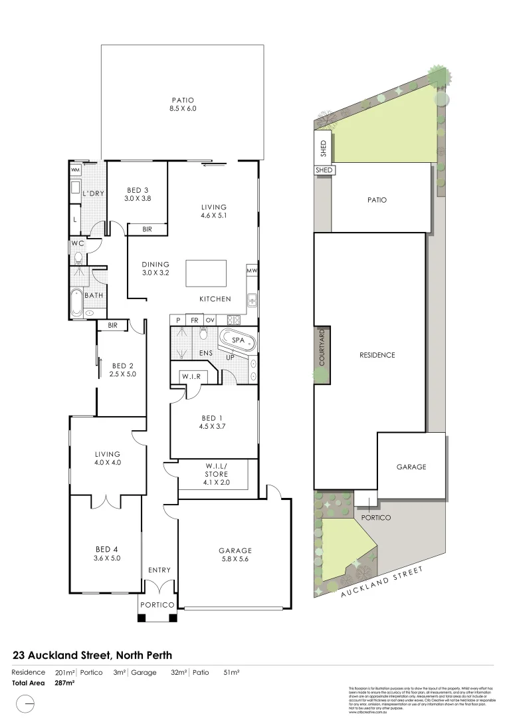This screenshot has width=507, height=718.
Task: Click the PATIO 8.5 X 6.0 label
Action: pos(182,104)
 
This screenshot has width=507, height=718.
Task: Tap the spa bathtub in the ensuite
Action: pos(238,340)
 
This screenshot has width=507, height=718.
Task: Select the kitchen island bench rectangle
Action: pos(205,273)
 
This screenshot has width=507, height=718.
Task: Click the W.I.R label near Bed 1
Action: pos(191,377)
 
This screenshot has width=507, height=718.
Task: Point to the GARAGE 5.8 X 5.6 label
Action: pos(235,554)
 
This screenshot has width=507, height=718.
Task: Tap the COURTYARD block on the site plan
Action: pos(322,356)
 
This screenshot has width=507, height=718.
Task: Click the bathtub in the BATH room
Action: pos(76,303)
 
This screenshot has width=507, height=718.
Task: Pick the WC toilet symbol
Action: pos(78,257)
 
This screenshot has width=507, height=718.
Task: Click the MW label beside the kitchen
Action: pos(252,271)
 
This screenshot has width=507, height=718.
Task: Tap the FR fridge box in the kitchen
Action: pos(194,320)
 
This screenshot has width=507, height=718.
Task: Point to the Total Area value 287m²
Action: pos(64,683)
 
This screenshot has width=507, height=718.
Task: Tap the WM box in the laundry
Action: pos(75,170)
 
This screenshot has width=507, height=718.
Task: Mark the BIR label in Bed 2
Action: pos(112,325)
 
